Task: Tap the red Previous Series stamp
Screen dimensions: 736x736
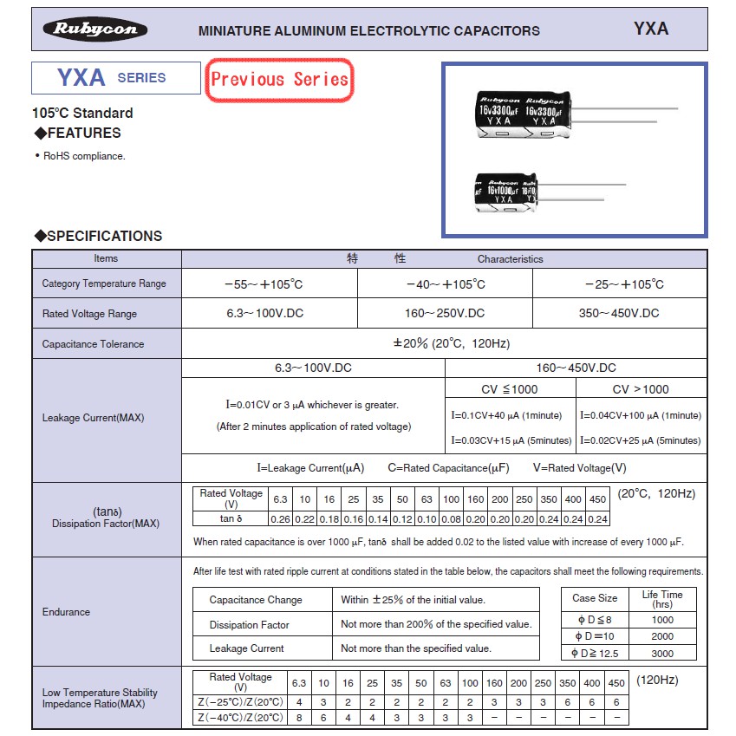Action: click(x=279, y=80)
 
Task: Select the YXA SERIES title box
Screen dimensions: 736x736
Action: click(x=112, y=78)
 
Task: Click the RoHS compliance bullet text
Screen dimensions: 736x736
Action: click(x=84, y=156)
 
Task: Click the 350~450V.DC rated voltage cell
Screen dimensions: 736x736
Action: click(x=619, y=313)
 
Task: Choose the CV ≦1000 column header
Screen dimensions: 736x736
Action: click(x=509, y=389)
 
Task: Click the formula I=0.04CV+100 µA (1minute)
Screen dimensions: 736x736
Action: click(x=641, y=415)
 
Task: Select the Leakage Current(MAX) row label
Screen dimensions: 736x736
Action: click(x=94, y=418)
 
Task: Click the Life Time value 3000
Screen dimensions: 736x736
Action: click(x=661, y=653)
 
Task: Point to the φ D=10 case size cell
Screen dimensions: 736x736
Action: click(x=594, y=636)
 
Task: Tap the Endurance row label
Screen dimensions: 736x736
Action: click(x=66, y=612)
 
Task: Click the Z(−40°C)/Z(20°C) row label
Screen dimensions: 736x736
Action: click(x=240, y=718)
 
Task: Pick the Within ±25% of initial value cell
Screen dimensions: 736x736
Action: click(x=414, y=600)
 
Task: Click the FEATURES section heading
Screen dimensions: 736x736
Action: click(x=77, y=133)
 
